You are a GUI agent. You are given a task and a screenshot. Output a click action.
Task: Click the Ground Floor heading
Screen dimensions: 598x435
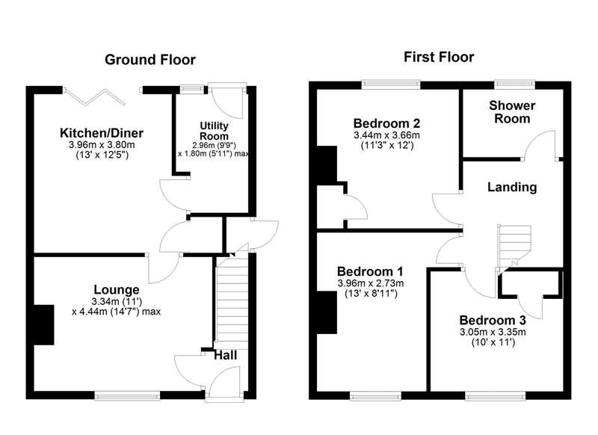pyautogui.click(x=150, y=60)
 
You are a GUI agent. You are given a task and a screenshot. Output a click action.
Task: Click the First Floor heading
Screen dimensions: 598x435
pyautogui.click(x=439, y=58)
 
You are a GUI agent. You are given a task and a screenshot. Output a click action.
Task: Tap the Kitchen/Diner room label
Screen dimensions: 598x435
pyautogui.click(x=102, y=133)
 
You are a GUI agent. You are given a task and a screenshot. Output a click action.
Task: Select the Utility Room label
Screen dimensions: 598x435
pyautogui.click(x=214, y=131)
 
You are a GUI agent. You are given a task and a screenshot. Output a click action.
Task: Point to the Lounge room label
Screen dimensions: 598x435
pyautogui.click(x=117, y=290)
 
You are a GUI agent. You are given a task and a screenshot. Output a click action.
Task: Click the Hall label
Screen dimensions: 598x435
pyautogui.click(x=226, y=356)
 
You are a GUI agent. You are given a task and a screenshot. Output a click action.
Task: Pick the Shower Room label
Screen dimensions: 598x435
pyautogui.click(x=512, y=111)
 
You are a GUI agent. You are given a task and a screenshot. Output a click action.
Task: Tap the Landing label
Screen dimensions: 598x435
pyautogui.click(x=512, y=187)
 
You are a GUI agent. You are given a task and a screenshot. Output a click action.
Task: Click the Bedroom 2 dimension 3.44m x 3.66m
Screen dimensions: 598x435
pyautogui.click(x=386, y=135)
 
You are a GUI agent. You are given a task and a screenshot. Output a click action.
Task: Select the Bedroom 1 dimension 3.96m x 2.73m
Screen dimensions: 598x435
pyautogui.click(x=370, y=283)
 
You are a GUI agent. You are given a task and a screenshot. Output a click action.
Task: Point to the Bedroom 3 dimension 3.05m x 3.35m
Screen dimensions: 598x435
pyautogui.click(x=493, y=332)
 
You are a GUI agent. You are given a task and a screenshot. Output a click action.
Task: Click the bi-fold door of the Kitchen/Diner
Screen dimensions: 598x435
pyautogui.click(x=95, y=96)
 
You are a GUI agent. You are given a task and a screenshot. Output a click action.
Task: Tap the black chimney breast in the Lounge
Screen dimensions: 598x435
pyautogui.click(x=44, y=325)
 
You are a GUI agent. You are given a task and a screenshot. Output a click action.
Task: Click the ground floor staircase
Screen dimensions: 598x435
pyautogui.click(x=232, y=301)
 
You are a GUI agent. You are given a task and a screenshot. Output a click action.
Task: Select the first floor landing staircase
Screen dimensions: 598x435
pyautogui.click(x=514, y=249)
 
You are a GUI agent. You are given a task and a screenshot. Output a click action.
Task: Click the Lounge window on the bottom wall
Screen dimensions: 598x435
pyautogui.click(x=127, y=396)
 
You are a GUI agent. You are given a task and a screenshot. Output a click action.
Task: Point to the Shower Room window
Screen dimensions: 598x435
pyautogui.click(x=514, y=84)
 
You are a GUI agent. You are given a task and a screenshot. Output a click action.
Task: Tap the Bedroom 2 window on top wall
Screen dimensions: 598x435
pyautogui.click(x=391, y=84)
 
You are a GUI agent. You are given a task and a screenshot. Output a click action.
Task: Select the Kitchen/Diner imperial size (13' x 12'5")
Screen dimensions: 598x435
pyautogui.click(x=102, y=155)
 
